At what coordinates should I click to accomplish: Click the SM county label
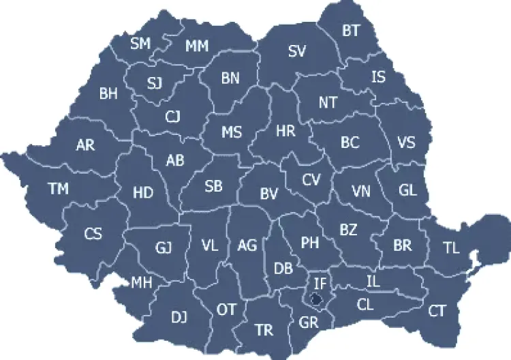tap(140, 44)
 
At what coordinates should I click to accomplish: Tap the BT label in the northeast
tap(352, 30)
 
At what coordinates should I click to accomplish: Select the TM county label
tap(59, 189)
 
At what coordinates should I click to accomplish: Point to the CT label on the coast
tap(437, 312)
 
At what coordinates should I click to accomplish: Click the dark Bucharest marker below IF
tap(315, 298)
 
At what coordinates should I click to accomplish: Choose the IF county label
tap(320, 280)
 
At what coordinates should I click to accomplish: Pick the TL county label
tap(451, 248)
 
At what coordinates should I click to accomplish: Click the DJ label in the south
tap(179, 316)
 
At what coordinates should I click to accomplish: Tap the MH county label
tap(142, 282)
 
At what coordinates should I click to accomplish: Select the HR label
tap(285, 131)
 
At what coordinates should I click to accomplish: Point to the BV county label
tap(269, 194)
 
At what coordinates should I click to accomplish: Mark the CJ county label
tap(173, 117)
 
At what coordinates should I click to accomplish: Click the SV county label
tap(297, 51)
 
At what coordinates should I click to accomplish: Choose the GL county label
tap(407, 190)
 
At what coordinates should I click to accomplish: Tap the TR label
tap(264, 331)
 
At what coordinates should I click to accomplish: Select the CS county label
tap(93, 234)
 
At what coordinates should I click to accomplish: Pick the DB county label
tap(283, 269)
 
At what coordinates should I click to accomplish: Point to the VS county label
tap(406, 143)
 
